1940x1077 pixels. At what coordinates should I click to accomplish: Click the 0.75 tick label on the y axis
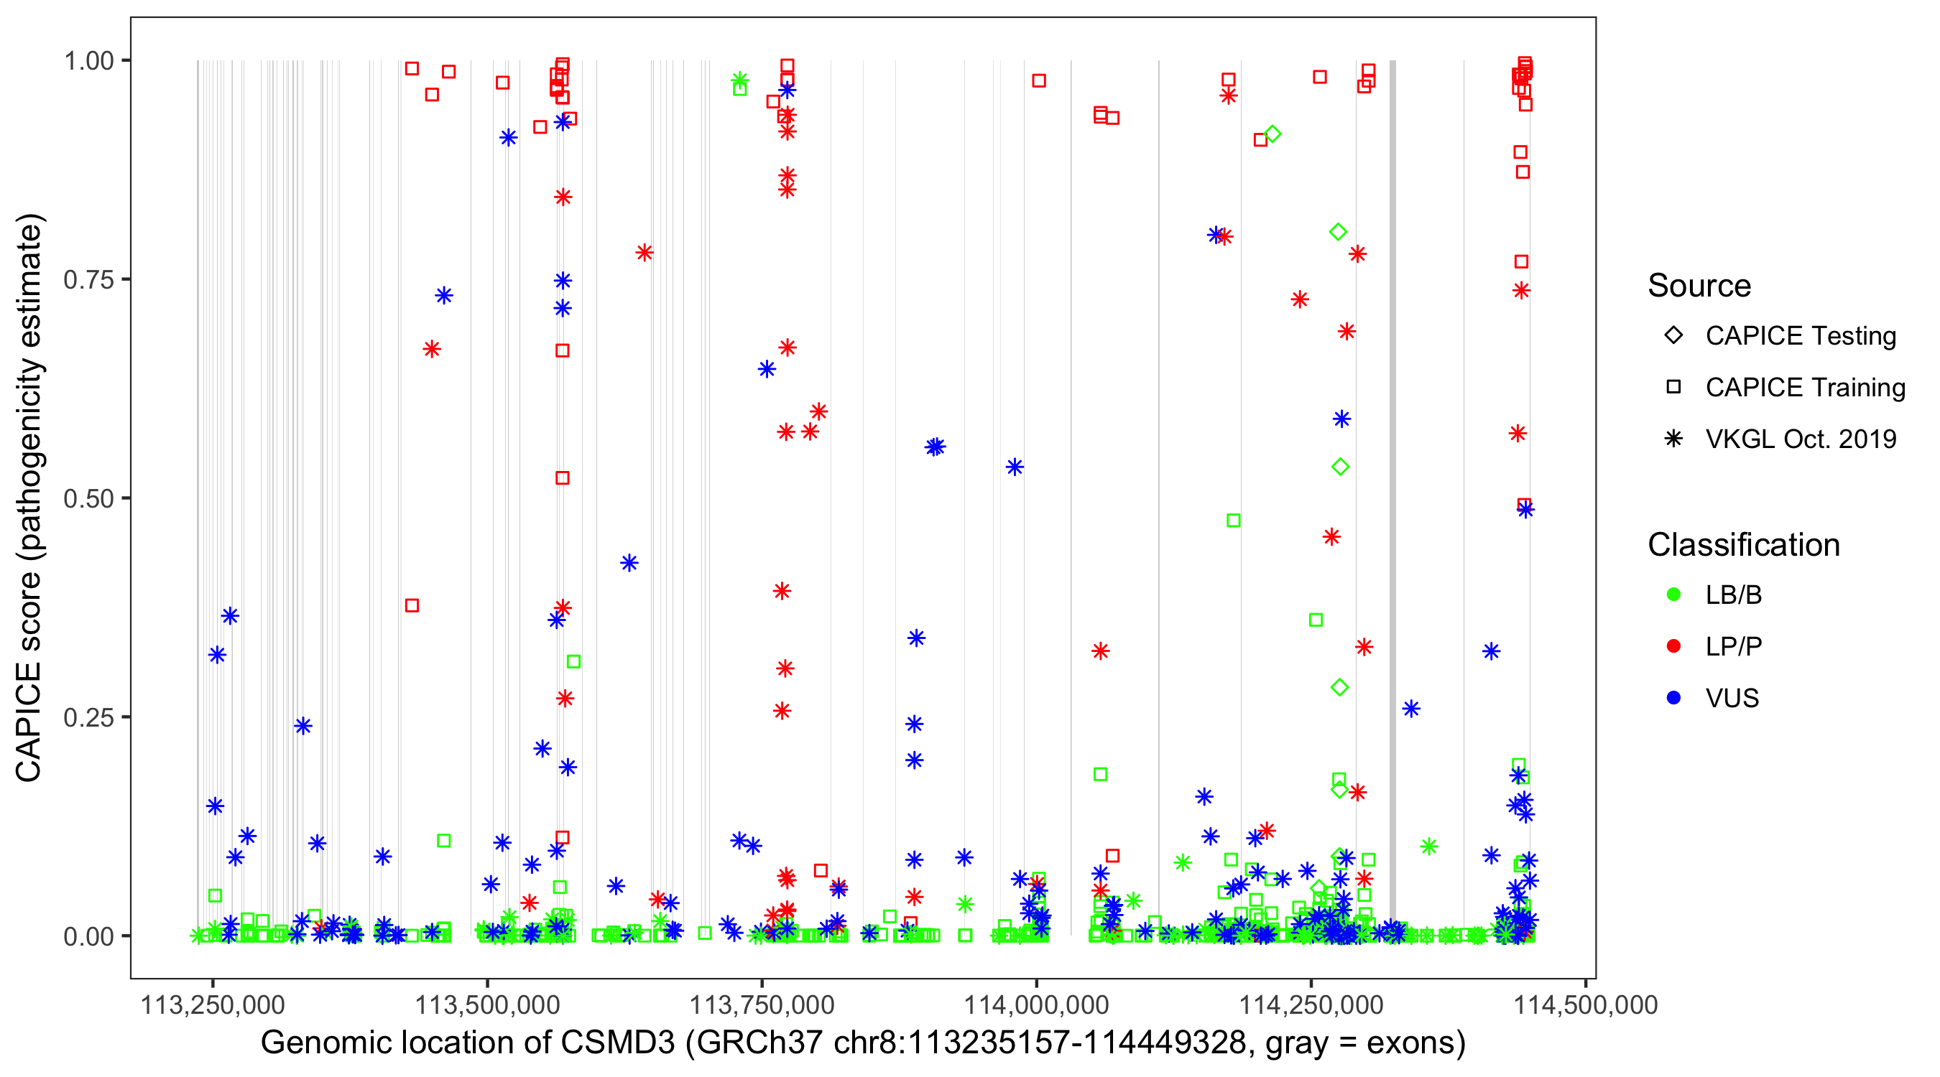click(88, 279)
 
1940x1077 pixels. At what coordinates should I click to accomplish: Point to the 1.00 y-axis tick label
click(88, 60)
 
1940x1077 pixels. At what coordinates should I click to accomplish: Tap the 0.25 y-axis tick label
click(88, 717)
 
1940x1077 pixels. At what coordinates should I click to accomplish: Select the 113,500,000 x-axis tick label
click(487, 1004)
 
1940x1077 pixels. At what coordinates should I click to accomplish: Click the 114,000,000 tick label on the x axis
click(1036, 1004)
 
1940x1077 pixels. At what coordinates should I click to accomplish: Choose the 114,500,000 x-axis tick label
click(1585, 1004)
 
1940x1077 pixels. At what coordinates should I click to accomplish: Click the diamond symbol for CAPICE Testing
click(1673, 335)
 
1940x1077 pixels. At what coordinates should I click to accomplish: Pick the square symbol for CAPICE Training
click(1673, 387)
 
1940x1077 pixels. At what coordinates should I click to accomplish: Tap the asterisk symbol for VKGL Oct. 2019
click(1673, 439)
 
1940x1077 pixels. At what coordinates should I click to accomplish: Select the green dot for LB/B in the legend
click(1673, 595)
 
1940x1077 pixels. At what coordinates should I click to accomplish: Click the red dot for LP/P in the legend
click(1673, 646)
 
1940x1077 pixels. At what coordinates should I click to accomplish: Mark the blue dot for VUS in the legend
click(1673, 698)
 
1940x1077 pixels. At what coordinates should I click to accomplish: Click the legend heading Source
click(1699, 286)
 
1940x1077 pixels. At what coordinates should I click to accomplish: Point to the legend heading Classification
click(1743, 545)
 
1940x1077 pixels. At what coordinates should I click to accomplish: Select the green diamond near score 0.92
click(1272, 134)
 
